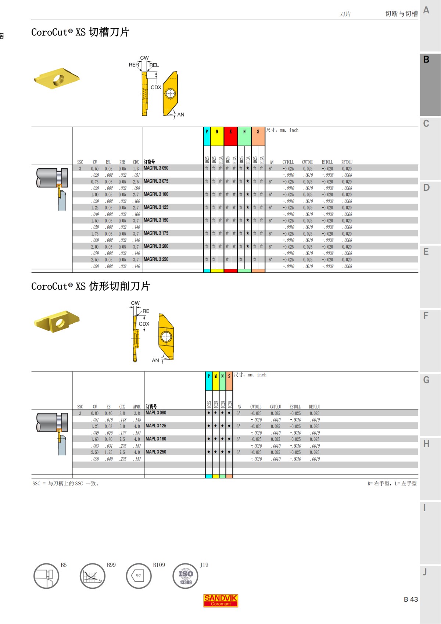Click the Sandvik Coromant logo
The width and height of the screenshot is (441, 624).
point(221,600)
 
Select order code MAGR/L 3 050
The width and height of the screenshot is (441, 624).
point(156,168)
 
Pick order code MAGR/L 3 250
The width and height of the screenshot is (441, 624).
point(156,259)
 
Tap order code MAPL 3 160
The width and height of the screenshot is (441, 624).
point(156,439)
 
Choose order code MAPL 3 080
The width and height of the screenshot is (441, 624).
point(156,413)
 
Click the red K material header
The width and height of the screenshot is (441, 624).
point(230,132)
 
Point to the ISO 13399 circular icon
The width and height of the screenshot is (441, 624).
point(186,576)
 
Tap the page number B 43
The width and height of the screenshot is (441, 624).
point(410,599)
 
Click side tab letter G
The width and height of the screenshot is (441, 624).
point(426,380)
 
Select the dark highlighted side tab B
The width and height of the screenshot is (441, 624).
point(426,60)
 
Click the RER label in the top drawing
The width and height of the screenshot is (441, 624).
point(134,65)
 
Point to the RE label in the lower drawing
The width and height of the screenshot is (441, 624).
point(146,311)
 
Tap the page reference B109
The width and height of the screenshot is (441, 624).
point(159,565)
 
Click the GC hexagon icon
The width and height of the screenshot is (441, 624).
point(139,576)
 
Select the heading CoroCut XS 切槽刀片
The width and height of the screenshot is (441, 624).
point(80,32)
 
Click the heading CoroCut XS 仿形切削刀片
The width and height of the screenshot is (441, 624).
point(90,286)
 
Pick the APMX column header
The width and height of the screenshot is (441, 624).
point(137,407)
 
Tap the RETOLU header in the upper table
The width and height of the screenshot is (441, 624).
point(347,162)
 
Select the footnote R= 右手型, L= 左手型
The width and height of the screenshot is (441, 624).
point(392,484)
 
